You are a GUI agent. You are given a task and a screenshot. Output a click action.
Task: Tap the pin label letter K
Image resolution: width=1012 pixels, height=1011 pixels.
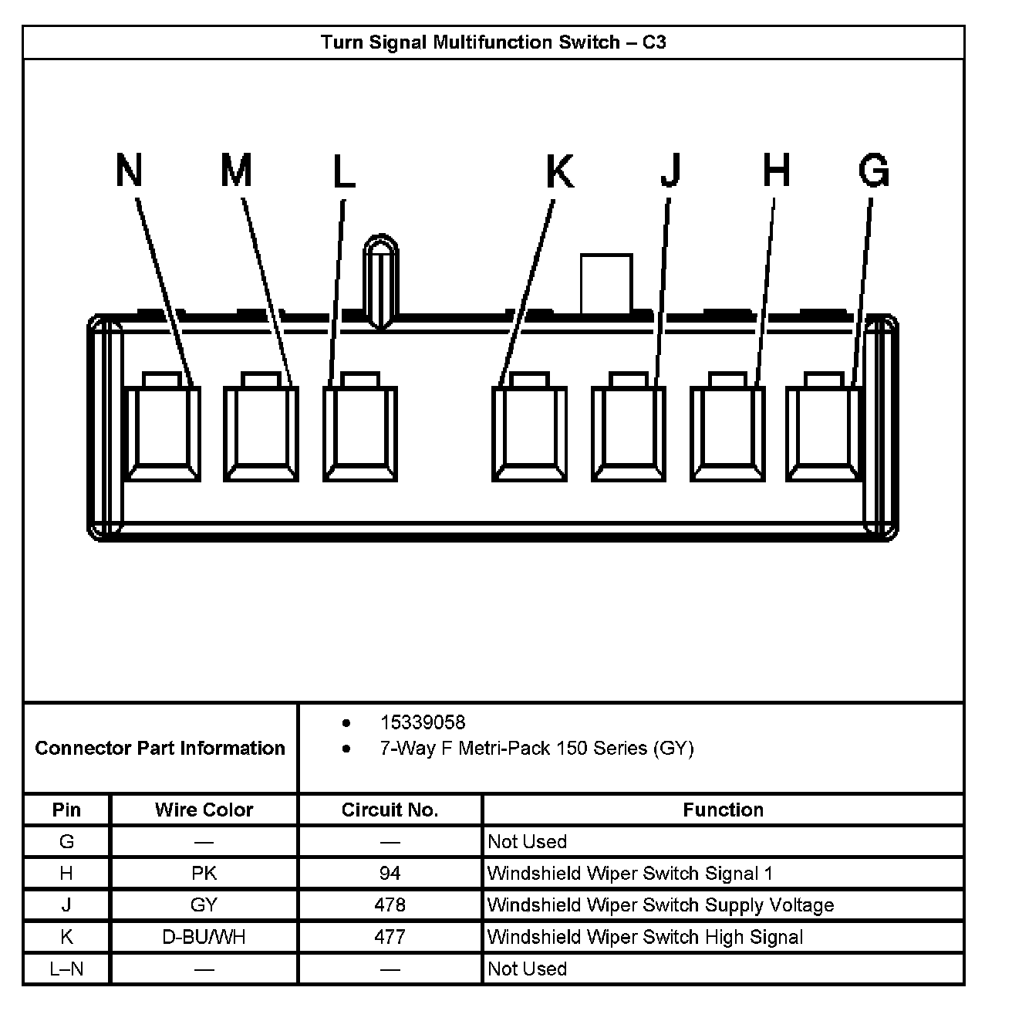[x=560, y=171]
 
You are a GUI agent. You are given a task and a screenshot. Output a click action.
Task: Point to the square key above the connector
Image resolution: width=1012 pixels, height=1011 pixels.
[x=606, y=282]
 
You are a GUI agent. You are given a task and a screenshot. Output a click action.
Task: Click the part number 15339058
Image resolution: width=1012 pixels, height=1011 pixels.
[x=423, y=722]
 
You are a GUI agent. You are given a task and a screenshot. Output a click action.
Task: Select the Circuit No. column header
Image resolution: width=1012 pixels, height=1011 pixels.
[x=390, y=810]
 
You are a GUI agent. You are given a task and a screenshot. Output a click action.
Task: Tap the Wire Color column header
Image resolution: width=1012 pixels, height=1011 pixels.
[x=204, y=810]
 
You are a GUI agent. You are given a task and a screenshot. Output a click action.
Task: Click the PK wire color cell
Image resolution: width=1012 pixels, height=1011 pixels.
[x=204, y=873]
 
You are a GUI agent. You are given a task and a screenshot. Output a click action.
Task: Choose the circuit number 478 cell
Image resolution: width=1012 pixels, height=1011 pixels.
[x=390, y=904]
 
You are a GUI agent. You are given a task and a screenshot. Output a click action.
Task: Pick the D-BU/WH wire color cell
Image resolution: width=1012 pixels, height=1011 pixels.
[x=204, y=937]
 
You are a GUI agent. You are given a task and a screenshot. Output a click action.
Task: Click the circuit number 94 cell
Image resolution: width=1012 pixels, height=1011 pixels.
[x=390, y=873]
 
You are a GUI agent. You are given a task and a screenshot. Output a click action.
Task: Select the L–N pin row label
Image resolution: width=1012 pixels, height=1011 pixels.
[x=66, y=969]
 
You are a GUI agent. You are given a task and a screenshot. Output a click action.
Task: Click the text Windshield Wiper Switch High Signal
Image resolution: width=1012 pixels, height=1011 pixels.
[x=645, y=937]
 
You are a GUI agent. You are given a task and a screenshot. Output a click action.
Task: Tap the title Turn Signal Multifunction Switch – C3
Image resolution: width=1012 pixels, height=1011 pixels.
[x=494, y=42]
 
